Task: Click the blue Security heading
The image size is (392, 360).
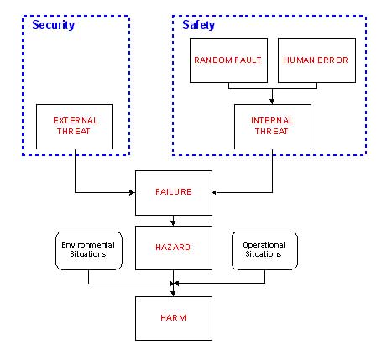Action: pos(54,25)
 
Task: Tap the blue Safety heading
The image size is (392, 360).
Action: pos(199,25)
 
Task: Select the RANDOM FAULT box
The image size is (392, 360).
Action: pos(228,60)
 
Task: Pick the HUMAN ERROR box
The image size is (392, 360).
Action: pos(316,60)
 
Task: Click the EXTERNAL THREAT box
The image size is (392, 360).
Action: pos(75,127)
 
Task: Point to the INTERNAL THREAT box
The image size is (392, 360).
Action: pos(273,127)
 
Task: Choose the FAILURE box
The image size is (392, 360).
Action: pos(174,193)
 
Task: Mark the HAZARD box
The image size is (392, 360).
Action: pos(174,248)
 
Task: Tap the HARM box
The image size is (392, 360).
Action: pos(174,318)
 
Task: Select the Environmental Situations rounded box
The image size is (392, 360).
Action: pos(89,251)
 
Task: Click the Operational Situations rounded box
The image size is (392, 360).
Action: pos(264,251)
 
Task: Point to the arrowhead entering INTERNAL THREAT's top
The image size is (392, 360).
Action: pos(272,102)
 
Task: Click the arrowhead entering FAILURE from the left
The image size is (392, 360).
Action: pos(132,192)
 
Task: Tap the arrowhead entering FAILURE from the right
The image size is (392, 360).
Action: pos(215,192)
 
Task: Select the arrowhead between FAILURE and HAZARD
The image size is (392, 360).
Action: pos(173,223)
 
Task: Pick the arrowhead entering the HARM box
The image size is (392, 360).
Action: pos(173,294)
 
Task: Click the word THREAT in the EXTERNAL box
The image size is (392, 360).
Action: pos(73,132)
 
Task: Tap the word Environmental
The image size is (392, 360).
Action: pos(88,245)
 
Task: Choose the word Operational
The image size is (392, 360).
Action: pos(264,245)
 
